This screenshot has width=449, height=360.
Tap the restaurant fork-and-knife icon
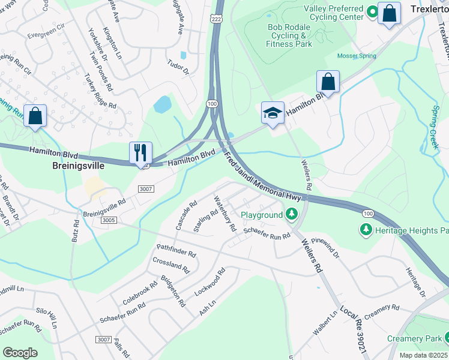(x=140, y=152)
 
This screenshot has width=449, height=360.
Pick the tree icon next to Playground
(x=291, y=214)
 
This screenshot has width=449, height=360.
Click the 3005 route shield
(x=92, y=220)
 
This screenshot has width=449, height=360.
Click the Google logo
(x=20, y=352)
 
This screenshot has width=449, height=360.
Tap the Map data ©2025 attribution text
(x=423, y=355)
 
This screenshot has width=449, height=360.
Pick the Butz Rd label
(x=76, y=231)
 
